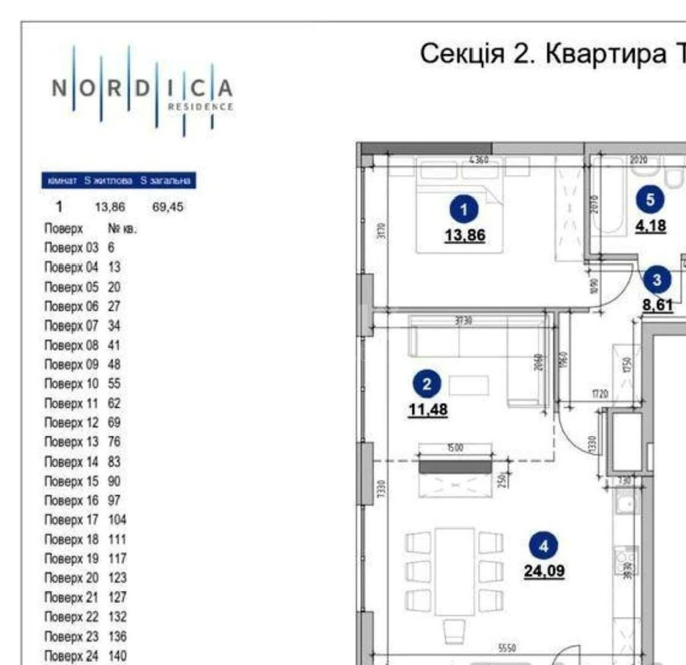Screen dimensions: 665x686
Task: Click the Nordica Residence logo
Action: point(142,90)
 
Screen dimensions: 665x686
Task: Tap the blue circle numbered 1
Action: point(464,210)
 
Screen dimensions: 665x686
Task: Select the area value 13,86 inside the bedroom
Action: point(465,235)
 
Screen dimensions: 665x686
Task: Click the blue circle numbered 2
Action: point(426,384)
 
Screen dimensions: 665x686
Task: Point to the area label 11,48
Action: point(428,410)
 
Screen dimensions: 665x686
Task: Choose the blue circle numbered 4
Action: point(543,546)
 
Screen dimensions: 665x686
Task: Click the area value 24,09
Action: point(544,571)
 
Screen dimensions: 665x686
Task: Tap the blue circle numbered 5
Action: point(650,200)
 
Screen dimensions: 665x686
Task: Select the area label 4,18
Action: point(651,226)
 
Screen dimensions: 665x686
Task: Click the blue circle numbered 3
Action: point(657,280)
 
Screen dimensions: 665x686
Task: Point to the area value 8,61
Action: point(657,305)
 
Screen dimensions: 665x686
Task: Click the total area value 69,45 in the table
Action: point(167,207)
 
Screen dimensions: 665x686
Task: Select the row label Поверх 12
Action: point(71,423)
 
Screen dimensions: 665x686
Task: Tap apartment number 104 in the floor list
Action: point(117,520)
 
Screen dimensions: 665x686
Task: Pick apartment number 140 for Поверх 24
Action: point(117,656)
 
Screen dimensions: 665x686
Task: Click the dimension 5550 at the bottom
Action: point(507,648)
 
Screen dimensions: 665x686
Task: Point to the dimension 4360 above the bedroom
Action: point(478,160)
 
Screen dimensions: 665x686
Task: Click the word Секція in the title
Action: point(462,54)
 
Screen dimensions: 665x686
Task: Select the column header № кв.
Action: point(122,229)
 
